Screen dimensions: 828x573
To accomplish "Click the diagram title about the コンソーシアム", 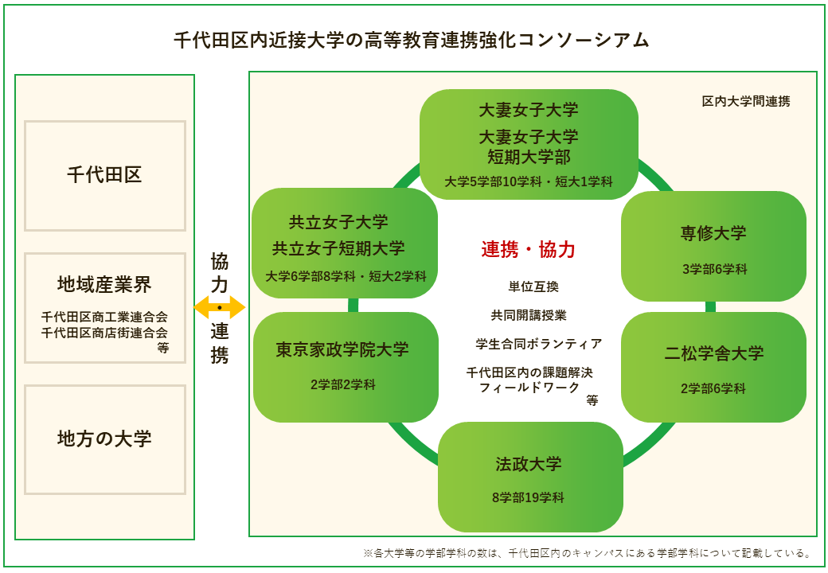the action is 412,40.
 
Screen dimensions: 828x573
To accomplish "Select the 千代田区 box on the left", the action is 105,176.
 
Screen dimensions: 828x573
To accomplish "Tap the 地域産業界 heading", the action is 104,284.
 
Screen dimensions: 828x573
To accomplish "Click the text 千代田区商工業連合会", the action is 104,317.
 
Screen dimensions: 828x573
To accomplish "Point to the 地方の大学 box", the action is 105,439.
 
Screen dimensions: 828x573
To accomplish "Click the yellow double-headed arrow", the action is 220,307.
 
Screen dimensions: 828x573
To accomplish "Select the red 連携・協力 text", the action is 528,249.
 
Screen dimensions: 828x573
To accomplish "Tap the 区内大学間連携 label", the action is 746,101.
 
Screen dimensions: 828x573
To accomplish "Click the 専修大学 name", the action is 713,233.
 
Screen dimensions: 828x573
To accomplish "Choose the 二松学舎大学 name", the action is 714,353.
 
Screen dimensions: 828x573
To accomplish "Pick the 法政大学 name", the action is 529,464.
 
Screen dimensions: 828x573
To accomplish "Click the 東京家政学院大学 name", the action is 342,349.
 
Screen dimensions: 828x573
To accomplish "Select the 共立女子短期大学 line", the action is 338,248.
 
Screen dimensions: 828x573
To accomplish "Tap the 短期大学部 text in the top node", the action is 529,157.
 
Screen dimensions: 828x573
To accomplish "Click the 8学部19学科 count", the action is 528,497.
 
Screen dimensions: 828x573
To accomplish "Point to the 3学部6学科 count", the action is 714,269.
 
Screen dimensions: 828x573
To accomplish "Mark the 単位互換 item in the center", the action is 533,286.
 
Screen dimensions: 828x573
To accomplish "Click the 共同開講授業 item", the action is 529,315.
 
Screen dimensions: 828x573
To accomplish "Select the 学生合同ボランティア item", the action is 539,344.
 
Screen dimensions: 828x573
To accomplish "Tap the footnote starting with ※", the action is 588,553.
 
